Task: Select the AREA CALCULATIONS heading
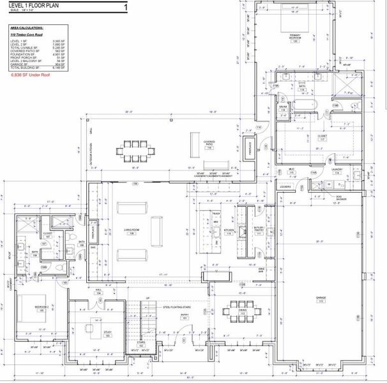click(x=27, y=28)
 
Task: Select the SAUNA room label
click(x=282, y=110)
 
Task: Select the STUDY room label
click(x=107, y=333)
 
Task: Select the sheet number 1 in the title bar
click(x=125, y=7)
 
